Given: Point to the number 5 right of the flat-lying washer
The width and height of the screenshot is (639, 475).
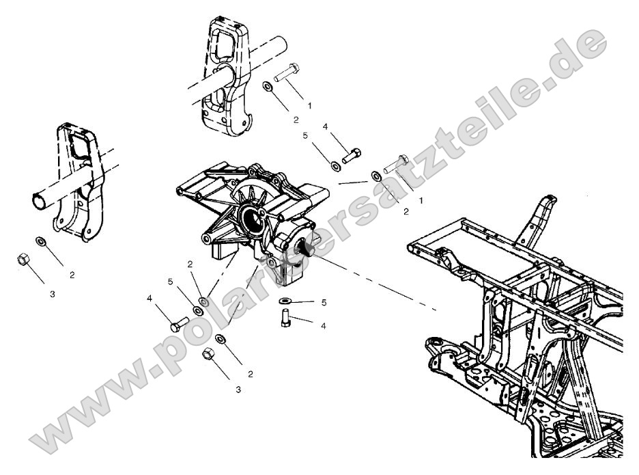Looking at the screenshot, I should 324,301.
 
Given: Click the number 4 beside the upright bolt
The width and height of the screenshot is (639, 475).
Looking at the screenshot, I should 323,326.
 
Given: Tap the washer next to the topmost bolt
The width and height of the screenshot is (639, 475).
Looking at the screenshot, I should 268,87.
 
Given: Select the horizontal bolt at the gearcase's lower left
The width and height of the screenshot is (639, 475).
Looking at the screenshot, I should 179,324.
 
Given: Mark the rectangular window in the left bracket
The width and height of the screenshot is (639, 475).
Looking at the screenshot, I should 79,148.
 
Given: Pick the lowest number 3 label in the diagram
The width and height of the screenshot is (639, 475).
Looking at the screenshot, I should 238,390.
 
